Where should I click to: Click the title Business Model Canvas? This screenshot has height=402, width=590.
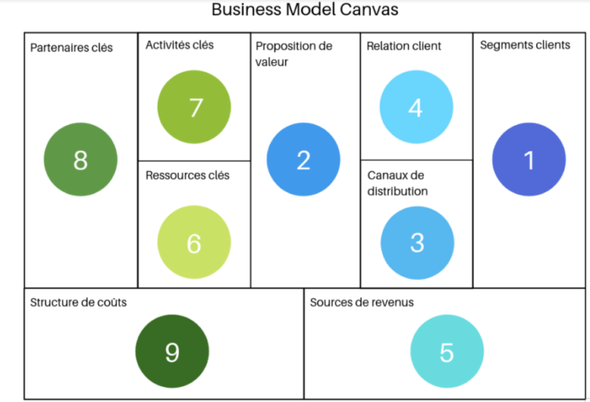point(305,11)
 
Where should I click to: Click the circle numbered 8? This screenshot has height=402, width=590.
point(81,160)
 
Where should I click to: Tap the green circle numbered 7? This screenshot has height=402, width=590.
point(194,108)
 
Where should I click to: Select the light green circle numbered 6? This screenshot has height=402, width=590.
point(194,242)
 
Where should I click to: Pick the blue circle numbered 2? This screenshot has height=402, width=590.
point(303,160)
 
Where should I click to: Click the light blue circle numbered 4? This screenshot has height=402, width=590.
point(416,107)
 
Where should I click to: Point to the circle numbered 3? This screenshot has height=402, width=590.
point(417,241)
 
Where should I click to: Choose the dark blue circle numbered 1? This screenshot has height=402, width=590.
point(529,160)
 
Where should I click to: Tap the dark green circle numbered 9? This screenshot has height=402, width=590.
point(172,351)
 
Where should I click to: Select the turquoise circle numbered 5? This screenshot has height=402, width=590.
point(446,351)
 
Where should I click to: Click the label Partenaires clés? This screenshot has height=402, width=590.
point(71,48)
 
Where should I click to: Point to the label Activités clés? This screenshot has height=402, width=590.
point(180,45)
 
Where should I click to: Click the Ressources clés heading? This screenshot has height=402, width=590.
point(187,175)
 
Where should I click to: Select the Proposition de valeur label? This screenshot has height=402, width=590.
point(293,54)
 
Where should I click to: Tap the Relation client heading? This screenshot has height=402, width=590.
point(404,46)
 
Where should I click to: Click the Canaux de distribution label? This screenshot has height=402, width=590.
point(397,183)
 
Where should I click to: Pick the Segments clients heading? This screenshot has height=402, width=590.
point(525,45)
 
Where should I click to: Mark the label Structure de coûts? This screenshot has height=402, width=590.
point(78,302)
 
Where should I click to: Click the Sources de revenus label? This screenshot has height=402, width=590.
point(362,302)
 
